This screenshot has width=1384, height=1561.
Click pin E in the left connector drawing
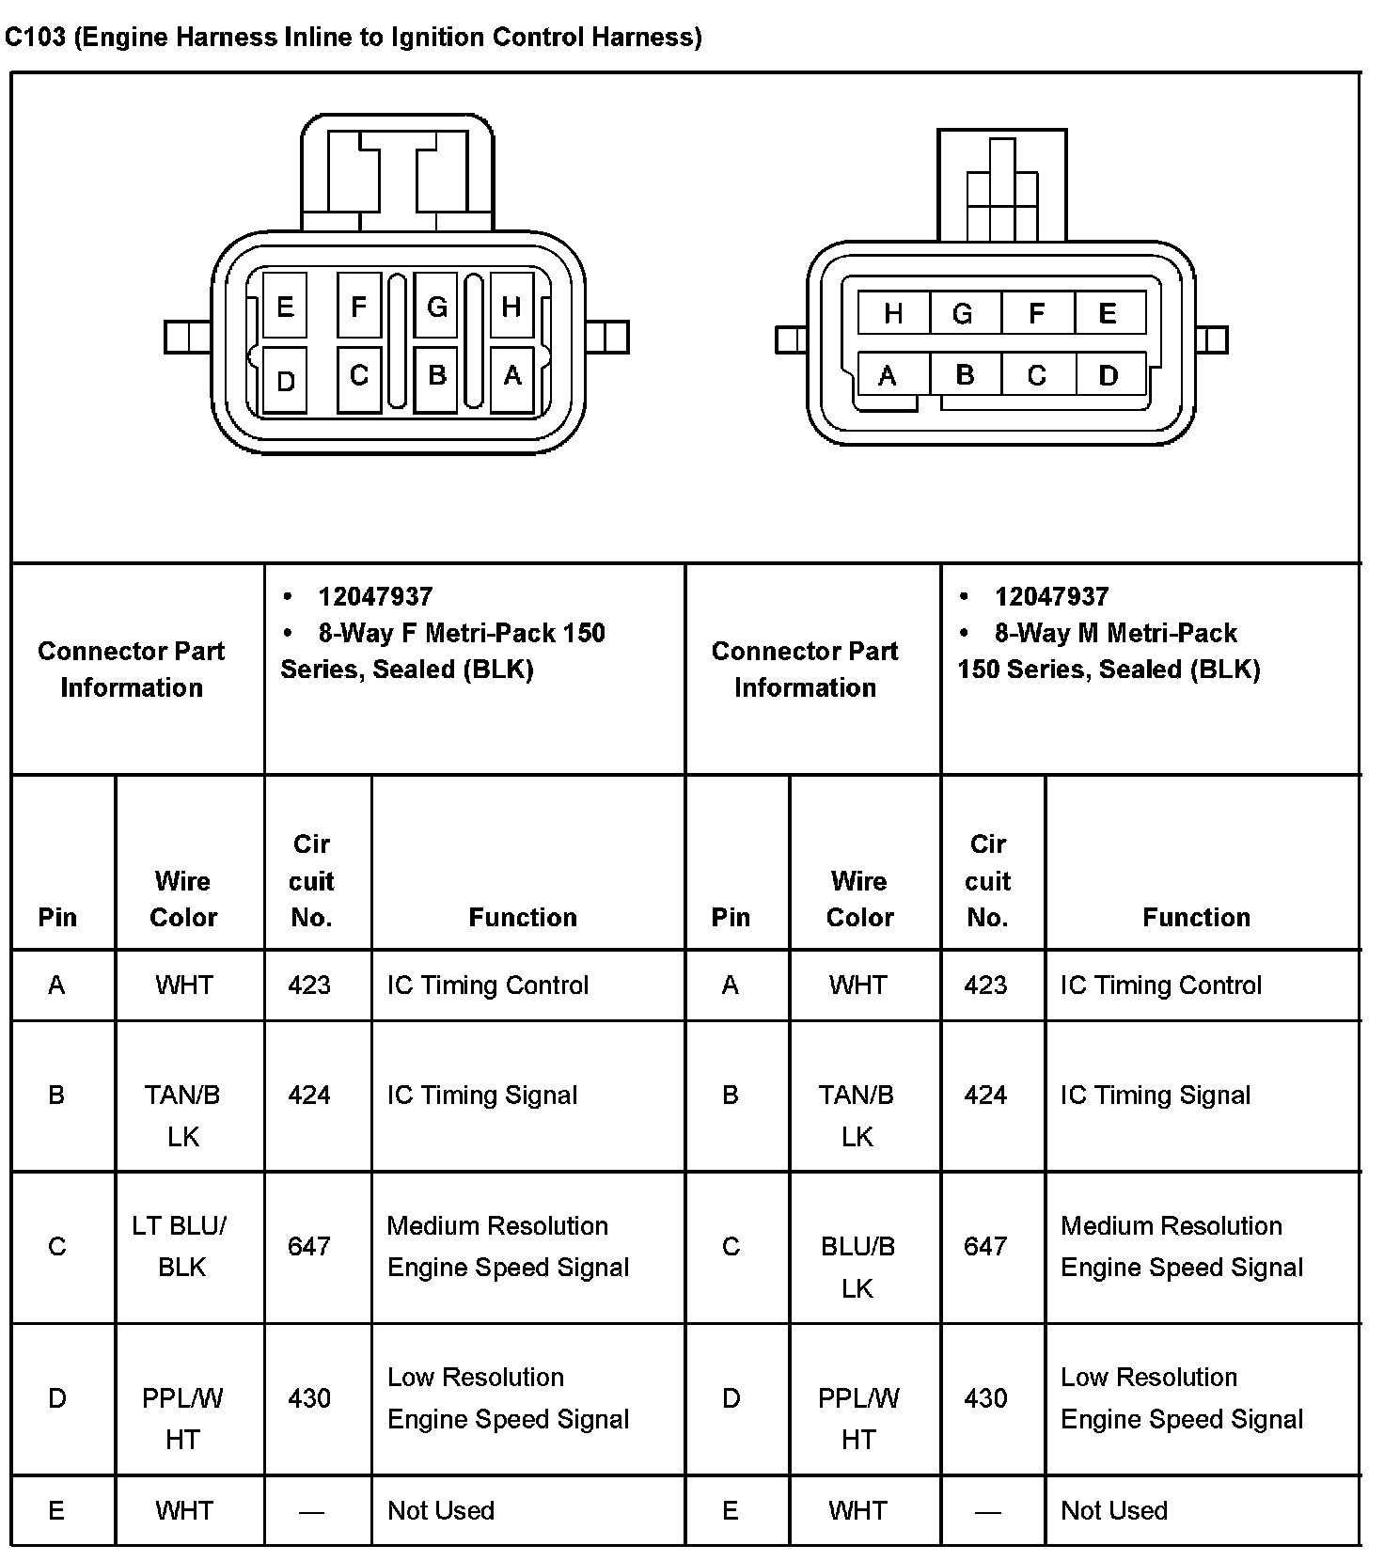click(x=285, y=306)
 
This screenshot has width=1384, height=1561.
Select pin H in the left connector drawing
click(x=511, y=306)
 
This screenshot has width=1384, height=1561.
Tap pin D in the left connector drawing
click(x=285, y=380)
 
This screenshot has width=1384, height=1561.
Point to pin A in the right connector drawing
click(x=888, y=376)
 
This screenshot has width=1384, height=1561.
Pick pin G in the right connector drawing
click(x=962, y=313)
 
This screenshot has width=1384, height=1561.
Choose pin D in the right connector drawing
click(x=1109, y=376)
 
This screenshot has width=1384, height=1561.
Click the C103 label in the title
click(x=35, y=37)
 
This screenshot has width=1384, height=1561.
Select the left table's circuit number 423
click(x=309, y=985)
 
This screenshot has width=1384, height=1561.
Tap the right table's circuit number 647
click(x=985, y=1246)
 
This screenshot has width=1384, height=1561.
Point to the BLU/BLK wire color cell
click(x=857, y=1266)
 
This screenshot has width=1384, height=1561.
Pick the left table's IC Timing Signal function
click(x=482, y=1095)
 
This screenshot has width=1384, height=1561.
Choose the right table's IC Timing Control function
click(x=1161, y=985)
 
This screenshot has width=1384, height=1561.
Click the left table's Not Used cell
click(x=441, y=1510)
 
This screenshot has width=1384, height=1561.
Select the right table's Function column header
click(x=1196, y=917)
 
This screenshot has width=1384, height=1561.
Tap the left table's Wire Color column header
click(x=183, y=899)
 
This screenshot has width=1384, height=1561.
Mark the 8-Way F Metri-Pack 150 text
click(x=462, y=633)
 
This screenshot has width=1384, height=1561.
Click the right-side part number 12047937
click(x=1051, y=596)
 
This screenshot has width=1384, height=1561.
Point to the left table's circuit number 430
click(x=309, y=1397)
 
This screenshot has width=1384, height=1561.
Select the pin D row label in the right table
click(x=731, y=1397)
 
